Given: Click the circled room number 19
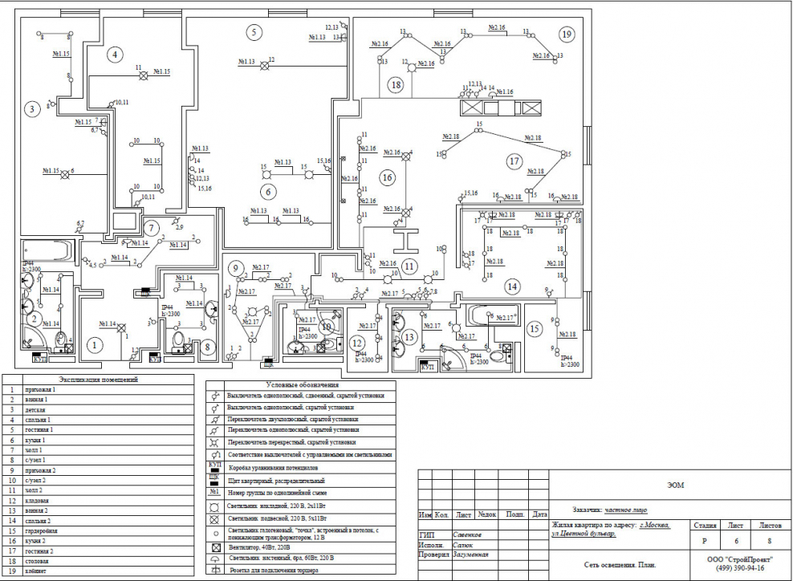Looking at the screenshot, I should (567, 34).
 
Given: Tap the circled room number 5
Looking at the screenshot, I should (254, 33).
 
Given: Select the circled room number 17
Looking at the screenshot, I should (514, 161).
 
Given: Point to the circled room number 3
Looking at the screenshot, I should (31, 108).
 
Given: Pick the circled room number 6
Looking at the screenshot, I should (267, 191).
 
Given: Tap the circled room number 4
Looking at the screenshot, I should (116, 55).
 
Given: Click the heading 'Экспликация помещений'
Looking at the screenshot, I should (99, 379).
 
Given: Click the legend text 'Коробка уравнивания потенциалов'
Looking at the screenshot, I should (274, 466).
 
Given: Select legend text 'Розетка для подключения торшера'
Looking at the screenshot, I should (273, 571).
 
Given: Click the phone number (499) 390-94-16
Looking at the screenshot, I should (736, 567).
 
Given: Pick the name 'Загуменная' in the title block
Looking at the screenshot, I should (470, 555).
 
